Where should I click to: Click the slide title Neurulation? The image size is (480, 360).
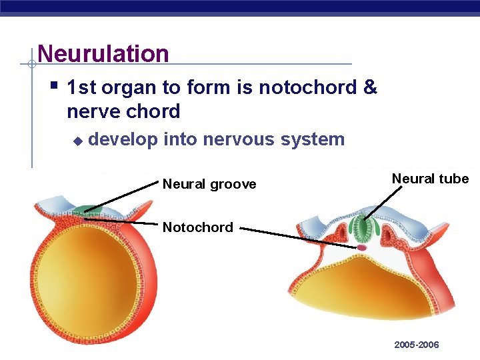(x=103, y=53)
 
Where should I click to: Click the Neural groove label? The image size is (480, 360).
(x=209, y=184)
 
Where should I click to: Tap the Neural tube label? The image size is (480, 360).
(x=430, y=179)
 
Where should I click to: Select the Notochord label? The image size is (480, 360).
(x=198, y=227)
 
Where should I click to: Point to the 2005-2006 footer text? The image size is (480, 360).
(x=417, y=345)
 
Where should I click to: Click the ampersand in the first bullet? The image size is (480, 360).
(x=370, y=87)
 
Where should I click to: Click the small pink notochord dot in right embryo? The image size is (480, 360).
(x=362, y=247)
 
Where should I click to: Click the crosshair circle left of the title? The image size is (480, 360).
(x=31, y=65)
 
